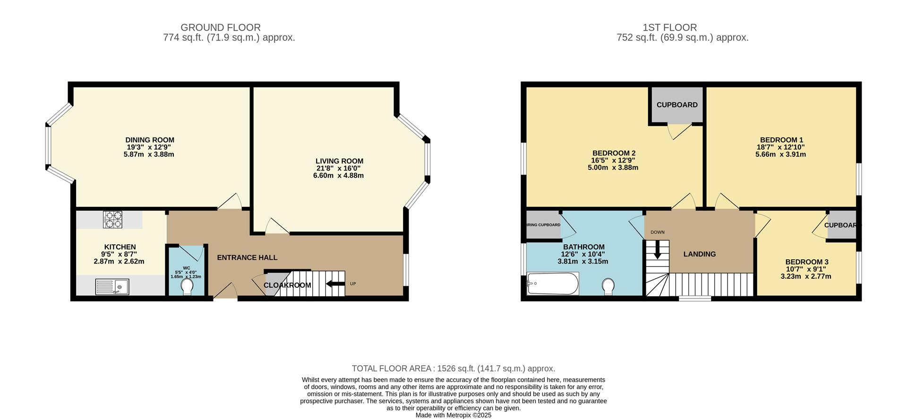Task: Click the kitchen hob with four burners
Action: point(112,220)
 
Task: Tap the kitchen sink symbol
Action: point(112,286)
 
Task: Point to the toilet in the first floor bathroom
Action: point(608,286)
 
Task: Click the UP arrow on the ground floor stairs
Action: point(335,284)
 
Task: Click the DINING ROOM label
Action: point(150,140)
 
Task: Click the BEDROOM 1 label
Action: point(781,140)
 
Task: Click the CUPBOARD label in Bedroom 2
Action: point(676,105)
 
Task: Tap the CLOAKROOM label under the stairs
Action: point(287,285)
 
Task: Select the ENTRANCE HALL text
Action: point(247,257)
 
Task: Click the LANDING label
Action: point(699,254)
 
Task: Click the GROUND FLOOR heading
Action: point(220,27)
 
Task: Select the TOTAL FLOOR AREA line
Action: point(453,368)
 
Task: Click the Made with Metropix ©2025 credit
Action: point(453,415)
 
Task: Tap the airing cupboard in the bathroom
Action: point(543,225)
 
